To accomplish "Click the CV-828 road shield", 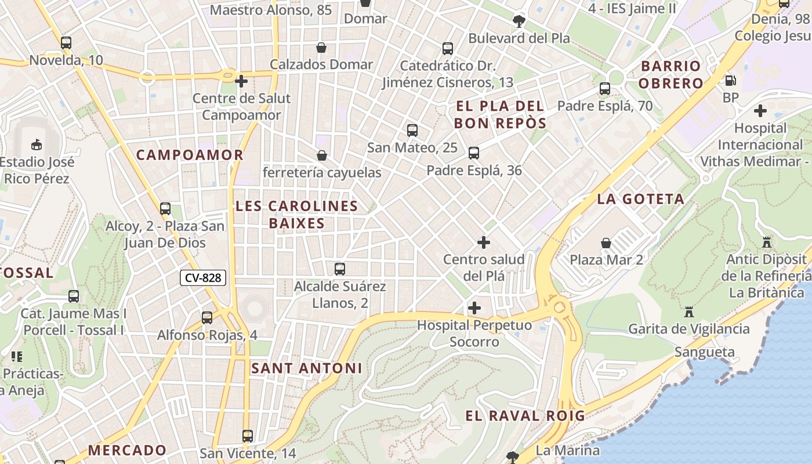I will [x=202, y=278].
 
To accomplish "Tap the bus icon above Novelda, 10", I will [x=66, y=43].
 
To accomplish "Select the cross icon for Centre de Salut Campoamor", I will [x=241, y=81].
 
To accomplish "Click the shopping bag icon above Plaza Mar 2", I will [x=606, y=242].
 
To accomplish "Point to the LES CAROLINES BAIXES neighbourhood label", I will [x=296, y=215].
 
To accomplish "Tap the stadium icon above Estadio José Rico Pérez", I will [x=37, y=144].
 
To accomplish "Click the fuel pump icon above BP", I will [x=731, y=81].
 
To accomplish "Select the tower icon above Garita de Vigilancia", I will [x=689, y=312].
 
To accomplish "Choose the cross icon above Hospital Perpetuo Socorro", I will [x=474, y=308].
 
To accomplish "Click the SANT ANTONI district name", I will [x=306, y=368].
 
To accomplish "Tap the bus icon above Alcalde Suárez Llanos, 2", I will [x=340, y=269].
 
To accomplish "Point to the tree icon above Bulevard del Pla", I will [x=519, y=22].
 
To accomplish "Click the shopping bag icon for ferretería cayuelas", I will [x=322, y=155].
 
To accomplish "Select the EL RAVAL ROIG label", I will [x=525, y=416].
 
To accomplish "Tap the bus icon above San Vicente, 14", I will [x=248, y=436].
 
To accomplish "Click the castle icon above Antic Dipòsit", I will [x=767, y=242].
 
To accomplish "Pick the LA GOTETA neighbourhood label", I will [x=640, y=200].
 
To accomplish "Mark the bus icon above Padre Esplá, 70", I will [x=605, y=89].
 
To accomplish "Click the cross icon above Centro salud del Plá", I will [x=484, y=242].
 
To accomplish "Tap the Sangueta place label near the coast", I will [x=704, y=352].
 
